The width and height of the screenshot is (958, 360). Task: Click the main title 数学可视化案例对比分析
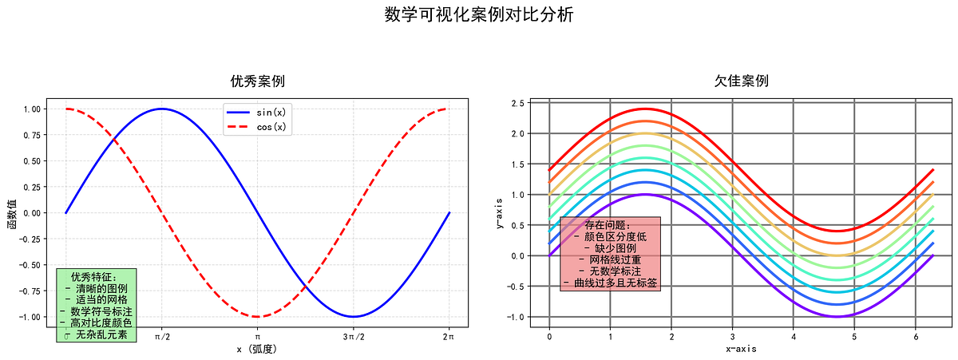[x=478, y=15]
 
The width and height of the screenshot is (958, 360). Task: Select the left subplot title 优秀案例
[x=257, y=81]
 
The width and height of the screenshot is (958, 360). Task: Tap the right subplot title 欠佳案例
[x=742, y=81]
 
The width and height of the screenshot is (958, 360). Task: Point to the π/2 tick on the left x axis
[x=162, y=338]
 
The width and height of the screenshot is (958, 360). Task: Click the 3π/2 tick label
[x=353, y=338]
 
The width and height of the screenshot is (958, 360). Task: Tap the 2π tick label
[x=449, y=338]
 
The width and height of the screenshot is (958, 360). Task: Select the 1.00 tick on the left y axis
[x=34, y=109]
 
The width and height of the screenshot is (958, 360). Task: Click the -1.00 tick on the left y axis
[x=32, y=317]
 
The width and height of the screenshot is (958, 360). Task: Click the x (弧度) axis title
[x=257, y=350]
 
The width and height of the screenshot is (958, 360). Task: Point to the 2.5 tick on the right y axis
[x=517, y=103]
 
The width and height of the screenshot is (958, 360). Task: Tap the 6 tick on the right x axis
[x=916, y=338]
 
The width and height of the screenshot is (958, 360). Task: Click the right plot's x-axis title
[x=742, y=350]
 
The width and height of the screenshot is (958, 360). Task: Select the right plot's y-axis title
[x=499, y=213]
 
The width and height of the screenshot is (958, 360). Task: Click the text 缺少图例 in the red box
[x=611, y=248]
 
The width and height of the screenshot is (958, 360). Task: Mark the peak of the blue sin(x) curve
[x=162, y=109]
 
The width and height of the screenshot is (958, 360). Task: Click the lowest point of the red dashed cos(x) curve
[x=257, y=317]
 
